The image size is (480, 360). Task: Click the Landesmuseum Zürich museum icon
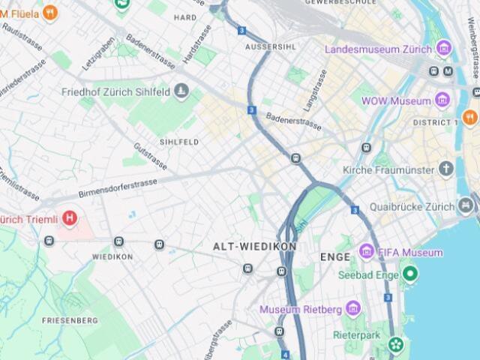pyautogui.click(x=444, y=49)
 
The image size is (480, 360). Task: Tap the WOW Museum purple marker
pyautogui.click(x=442, y=100)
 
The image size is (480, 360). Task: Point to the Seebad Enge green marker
pyautogui.click(x=409, y=274)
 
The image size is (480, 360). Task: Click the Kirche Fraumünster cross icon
pyautogui.click(x=446, y=169)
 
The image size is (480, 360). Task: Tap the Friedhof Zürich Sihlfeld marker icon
pyautogui.click(x=181, y=91)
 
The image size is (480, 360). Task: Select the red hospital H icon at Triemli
pyautogui.click(x=70, y=219)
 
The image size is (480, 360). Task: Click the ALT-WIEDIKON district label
pyautogui.click(x=254, y=246)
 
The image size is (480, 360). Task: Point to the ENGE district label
pyautogui.click(x=334, y=257)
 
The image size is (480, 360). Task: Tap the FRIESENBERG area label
pyautogui.click(x=70, y=320)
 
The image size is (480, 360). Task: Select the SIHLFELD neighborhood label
pyautogui.click(x=178, y=142)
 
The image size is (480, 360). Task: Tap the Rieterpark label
pyautogui.click(x=357, y=334)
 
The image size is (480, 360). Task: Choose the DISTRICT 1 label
pyautogui.click(x=435, y=122)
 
